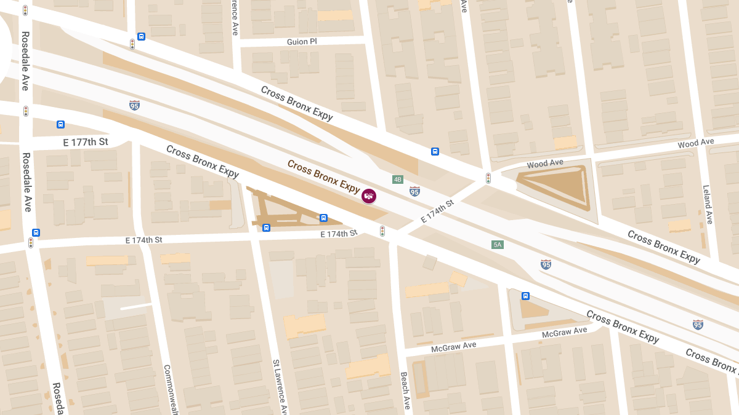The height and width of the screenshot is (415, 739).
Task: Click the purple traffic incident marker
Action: click(x=369, y=196)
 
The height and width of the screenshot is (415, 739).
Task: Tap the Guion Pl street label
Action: click(x=302, y=42)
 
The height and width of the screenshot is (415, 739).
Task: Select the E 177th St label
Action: click(x=86, y=142)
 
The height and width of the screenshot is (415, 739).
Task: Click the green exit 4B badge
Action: click(x=398, y=180)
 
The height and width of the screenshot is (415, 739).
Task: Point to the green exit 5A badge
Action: click(x=498, y=245)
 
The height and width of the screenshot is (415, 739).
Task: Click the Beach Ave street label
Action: click(x=405, y=390)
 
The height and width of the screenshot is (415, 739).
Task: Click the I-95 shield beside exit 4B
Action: click(x=415, y=191)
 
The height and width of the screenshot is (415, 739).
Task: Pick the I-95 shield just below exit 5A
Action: click(x=546, y=264)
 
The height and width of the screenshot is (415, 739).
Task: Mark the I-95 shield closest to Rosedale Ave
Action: click(x=134, y=105)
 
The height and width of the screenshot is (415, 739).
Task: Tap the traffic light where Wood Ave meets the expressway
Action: click(x=488, y=178)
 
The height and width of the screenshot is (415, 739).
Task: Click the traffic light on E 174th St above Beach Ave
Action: click(x=382, y=231)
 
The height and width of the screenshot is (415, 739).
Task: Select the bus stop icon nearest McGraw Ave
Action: click(x=525, y=296)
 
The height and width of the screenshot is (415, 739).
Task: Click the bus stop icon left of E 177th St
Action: click(x=60, y=125)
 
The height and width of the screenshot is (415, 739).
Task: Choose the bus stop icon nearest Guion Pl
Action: click(x=141, y=36)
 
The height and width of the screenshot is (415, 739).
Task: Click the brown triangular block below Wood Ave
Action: click(x=557, y=186)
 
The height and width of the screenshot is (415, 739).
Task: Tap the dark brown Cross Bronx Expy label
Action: click(x=323, y=176)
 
